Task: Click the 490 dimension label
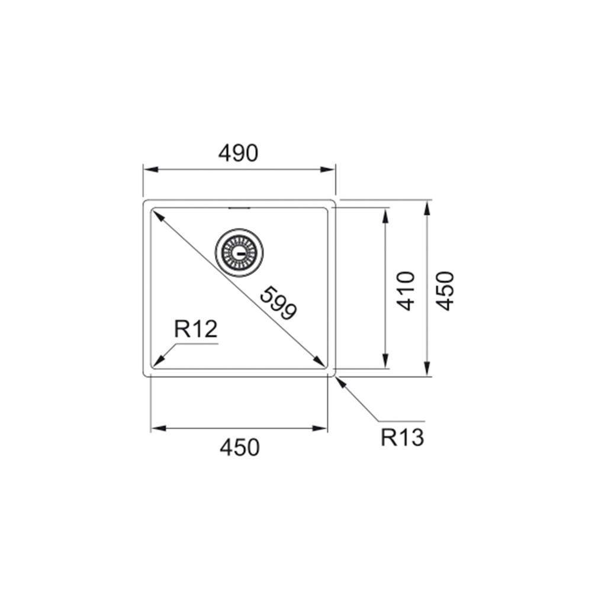[x=238, y=153]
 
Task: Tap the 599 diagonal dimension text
[x=279, y=303]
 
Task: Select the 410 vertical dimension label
[x=406, y=291]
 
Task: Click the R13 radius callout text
[x=402, y=437]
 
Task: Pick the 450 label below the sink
[x=240, y=448]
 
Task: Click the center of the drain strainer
[x=239, y=253]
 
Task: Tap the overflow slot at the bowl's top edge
[x=239, y=208]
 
